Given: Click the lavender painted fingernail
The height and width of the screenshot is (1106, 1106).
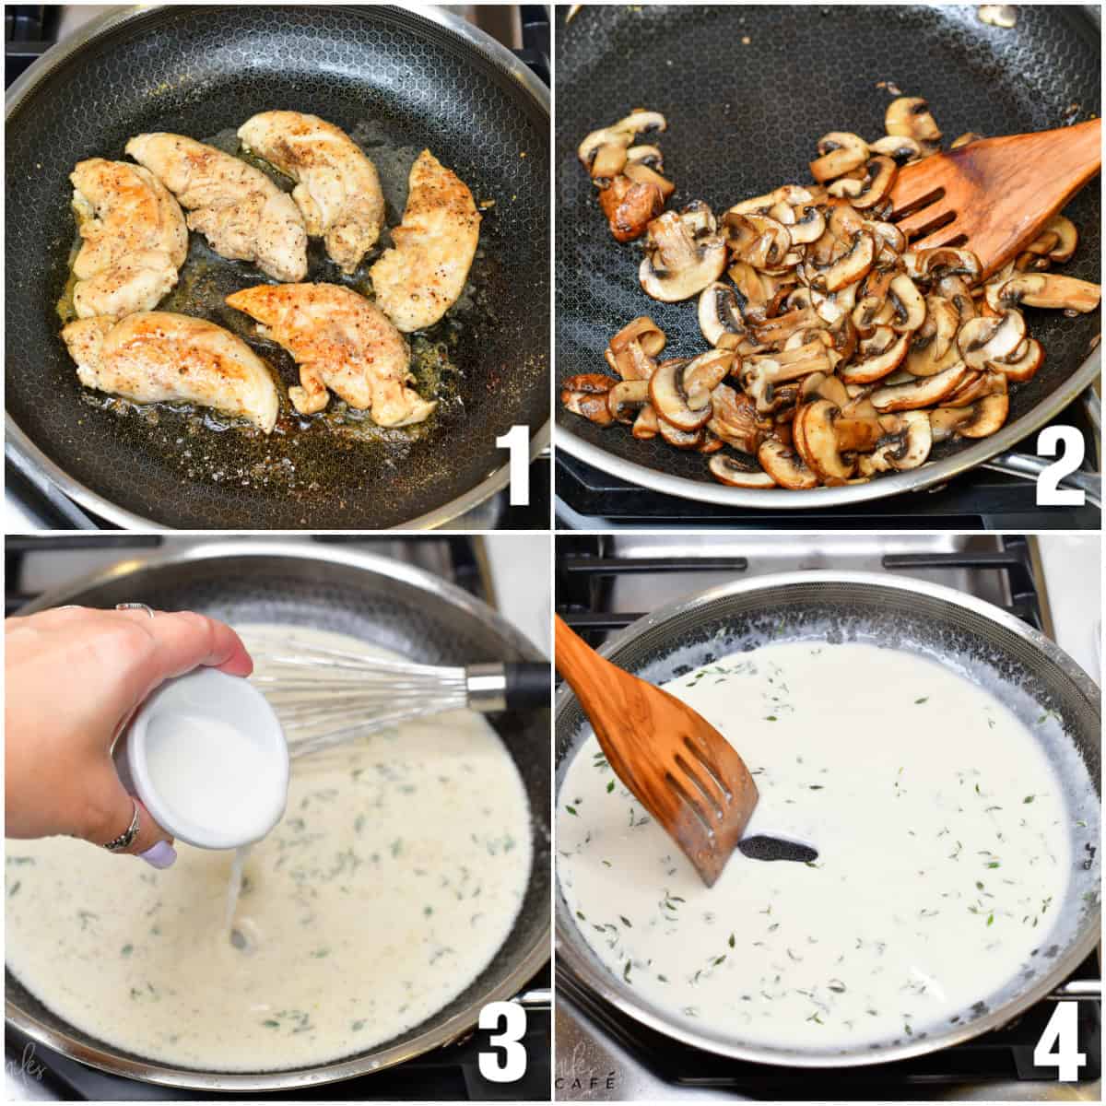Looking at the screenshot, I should click(158, 854).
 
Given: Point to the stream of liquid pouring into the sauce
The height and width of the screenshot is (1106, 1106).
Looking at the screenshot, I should click(237, 894).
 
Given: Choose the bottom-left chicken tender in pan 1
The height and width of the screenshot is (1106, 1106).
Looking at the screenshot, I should click(171, 364).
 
